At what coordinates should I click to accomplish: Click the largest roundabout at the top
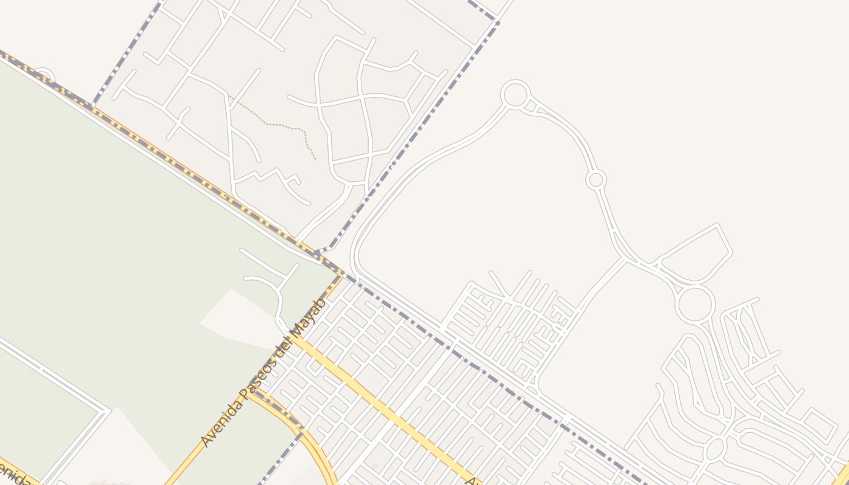pyautogui.click(x=515, y=95)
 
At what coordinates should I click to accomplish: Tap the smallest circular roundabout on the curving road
pyautogui.click(x=596, y=179)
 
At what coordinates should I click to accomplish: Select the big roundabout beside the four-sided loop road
pyautogui.click(x=695, y=304)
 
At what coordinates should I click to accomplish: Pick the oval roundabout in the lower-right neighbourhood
pyautogui.click(x=716, y=449)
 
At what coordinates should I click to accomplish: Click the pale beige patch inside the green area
pyautogui.click(x=240, y=318)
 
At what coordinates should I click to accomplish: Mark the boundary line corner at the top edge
pyautogui.click(x=497, y=22)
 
